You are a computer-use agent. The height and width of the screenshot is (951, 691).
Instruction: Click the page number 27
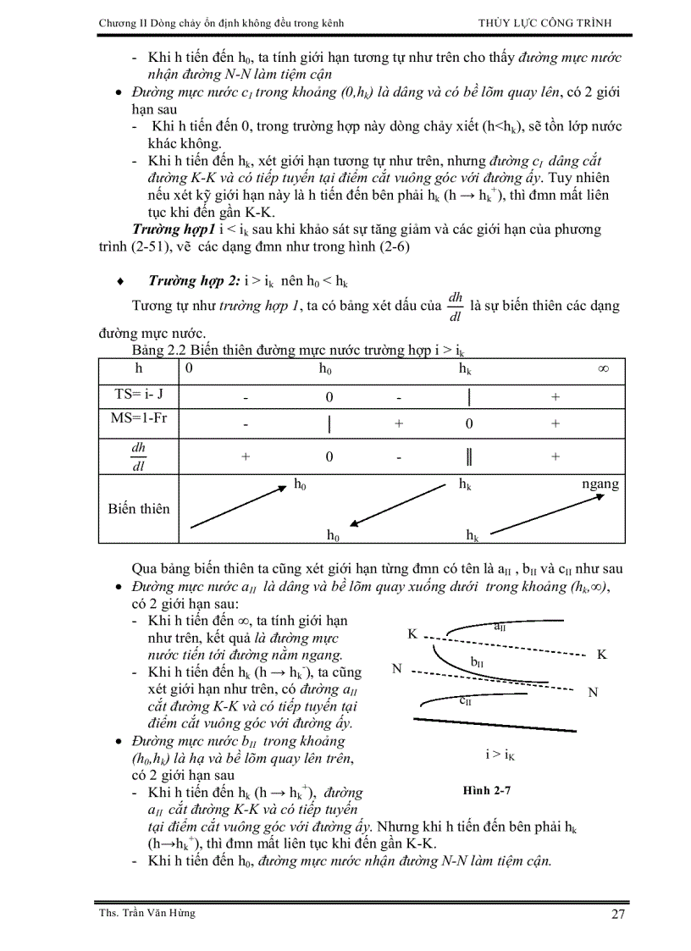[x=616, y=915]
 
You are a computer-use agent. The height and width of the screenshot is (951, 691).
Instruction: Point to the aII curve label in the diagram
[x=500, y=627]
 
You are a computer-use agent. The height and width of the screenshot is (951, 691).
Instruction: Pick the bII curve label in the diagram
[x=478, y=661]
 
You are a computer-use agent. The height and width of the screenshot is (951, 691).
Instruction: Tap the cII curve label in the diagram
[x=467, y=700]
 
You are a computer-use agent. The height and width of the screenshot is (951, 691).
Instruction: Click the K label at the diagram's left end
[x=412, y=633]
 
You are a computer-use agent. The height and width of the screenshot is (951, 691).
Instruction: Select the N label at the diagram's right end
[x=593, y=692]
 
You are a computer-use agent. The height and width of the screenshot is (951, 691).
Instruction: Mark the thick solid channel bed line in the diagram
[x=495, y=724]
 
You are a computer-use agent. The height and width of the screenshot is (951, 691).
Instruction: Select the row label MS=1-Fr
[x=140, y=420]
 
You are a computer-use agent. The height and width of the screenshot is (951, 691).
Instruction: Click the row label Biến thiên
[x=139, y=509]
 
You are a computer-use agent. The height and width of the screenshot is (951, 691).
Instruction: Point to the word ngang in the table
[x=600, y=484]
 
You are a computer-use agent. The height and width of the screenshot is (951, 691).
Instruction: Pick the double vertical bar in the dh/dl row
[x=468, y=456]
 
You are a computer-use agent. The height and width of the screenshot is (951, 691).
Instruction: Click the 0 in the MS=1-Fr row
[x=468, y=424]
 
